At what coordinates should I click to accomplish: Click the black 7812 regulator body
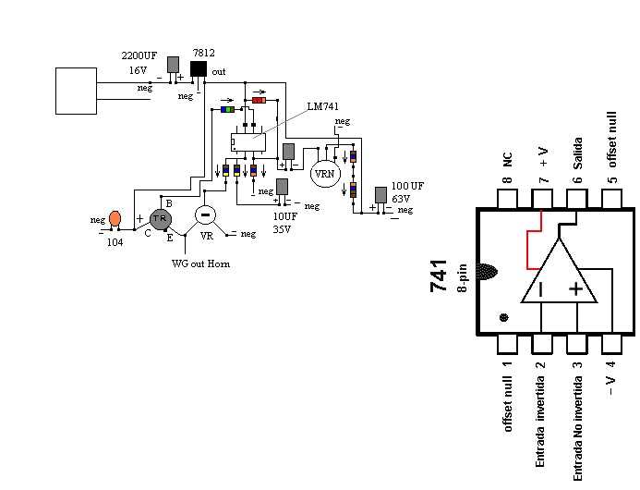point(199,69)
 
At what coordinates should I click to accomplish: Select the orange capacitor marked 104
point(115,219)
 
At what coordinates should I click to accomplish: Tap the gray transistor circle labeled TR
point(160,218)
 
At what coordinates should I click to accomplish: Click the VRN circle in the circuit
point(324,173)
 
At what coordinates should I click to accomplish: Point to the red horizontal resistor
point(259,99)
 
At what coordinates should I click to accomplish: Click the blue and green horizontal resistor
point(228,109)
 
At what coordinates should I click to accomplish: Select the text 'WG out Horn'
point(200,263)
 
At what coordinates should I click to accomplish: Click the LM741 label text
point(322,106)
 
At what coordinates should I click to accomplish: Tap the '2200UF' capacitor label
point(139,55)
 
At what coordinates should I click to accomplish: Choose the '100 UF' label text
point(407,187)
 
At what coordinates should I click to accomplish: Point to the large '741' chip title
point(440,276)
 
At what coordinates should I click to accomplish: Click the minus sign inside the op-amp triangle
point(541,289)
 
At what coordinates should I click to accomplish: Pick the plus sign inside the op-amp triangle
point(576,288)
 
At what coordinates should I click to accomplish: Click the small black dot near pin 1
point(503,317)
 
